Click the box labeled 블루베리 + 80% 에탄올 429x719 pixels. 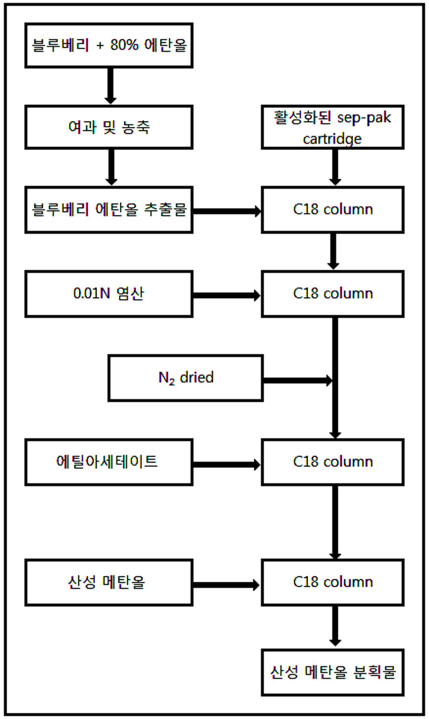(x=109, y=45)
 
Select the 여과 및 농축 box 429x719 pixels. (x=109, y=127)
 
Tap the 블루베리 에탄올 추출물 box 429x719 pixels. (x=109, y=210)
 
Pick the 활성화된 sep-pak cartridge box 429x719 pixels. (x=333, y=127)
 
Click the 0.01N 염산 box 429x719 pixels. (x=109, y=294)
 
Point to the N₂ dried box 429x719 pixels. (x=186, y=378)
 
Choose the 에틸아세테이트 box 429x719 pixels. (x=109, y=462)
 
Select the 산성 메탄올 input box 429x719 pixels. (x=109, y=582)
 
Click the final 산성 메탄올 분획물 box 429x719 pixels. (x=333, y=672)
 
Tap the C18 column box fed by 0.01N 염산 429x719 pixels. (x=333, y=294)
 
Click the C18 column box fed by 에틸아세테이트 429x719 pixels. (x=333, y=462)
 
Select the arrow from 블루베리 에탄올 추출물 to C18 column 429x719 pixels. (x=227, y=211)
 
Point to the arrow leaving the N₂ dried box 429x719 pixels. (x=298, y=380)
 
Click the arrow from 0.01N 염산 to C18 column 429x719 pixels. (x=227, y=295)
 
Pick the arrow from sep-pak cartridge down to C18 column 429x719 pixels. (x=335, y=167)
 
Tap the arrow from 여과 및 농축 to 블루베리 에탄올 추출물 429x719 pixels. (x=111, y=167)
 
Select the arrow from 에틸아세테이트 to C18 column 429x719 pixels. (x=227, y=465)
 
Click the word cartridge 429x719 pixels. (x=332, y=139)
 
